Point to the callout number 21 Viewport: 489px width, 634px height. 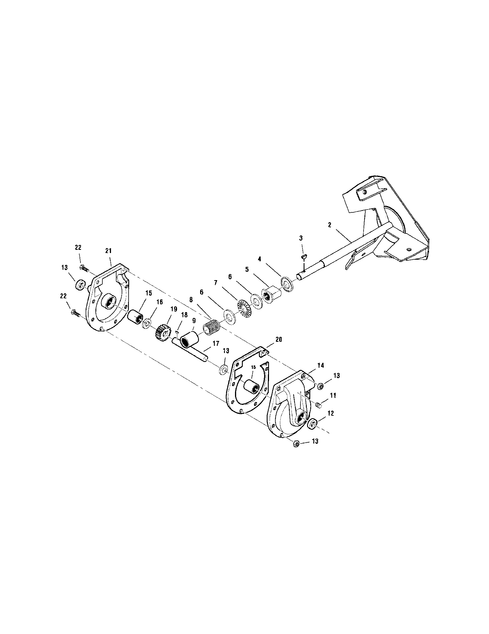109,251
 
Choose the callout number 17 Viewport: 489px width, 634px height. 216,343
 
